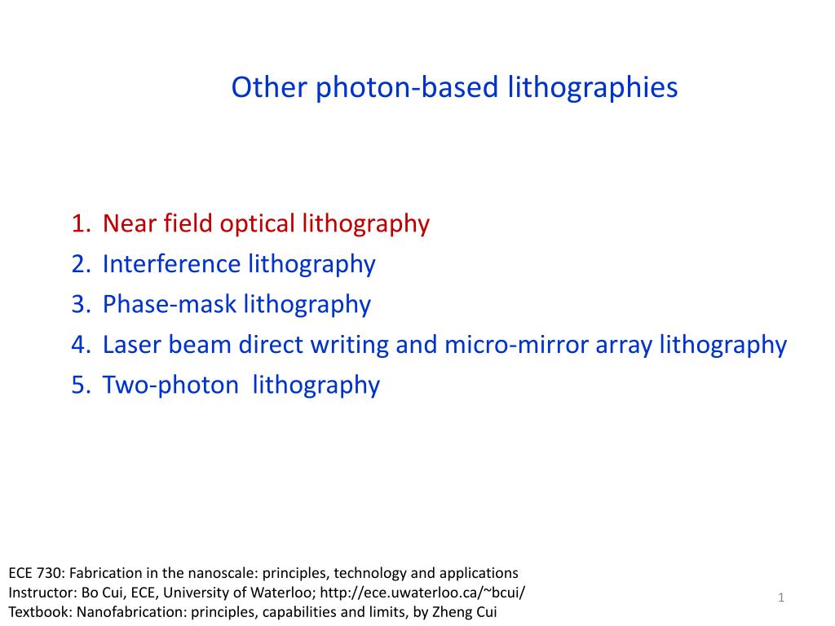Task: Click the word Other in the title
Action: click(x=269, y=86)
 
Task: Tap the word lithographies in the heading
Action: click(x=593, y=88)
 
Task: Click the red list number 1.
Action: click(x=81, y=223)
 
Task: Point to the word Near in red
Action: click(x=130, y=223)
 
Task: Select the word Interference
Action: click(x=171, y=264)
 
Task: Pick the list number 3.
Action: click(x=81, y=305)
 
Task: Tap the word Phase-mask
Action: click(x=170, y=305)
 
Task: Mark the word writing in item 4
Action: click(x=350, y=346)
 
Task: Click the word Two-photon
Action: click(x=170, y=386)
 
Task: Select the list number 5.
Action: click(x=81, y=386)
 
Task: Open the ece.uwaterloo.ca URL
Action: click(x=422, y=593)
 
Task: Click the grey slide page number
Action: click(x=781, y=597)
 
